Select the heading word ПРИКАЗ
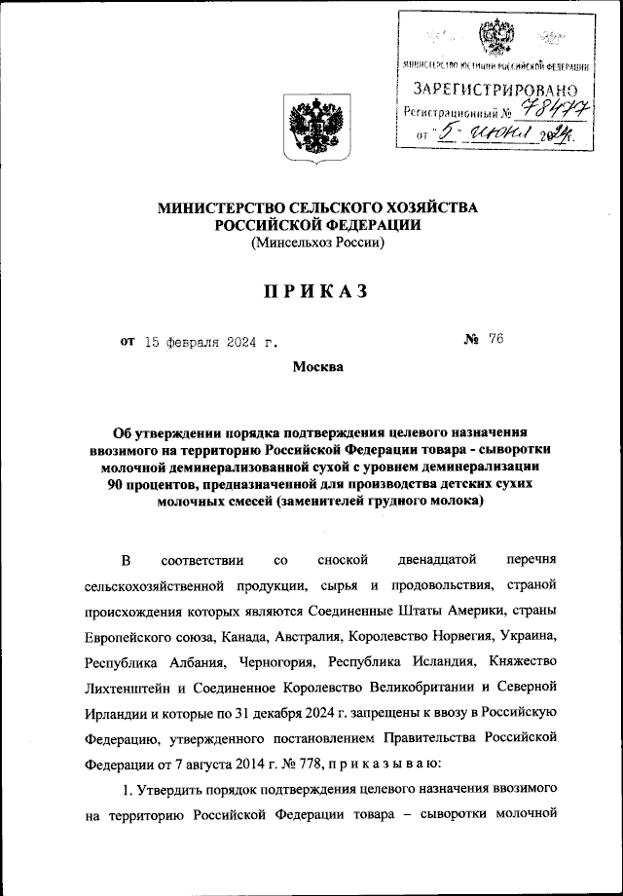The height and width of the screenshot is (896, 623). point(311,291)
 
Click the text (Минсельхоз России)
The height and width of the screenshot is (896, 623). point(311,243)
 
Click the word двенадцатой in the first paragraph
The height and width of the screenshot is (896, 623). point(433,562)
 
